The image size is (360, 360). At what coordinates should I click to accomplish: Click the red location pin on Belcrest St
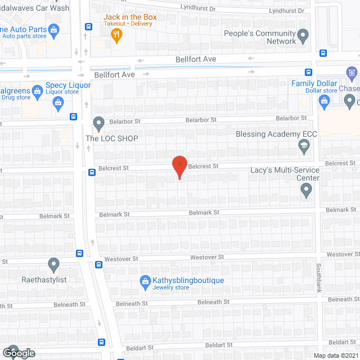[179, 165]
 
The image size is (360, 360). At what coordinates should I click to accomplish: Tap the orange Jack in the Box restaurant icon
[116, 35]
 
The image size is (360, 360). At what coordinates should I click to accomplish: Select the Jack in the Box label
[130, 17]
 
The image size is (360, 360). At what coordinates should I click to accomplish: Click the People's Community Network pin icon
[303, 37]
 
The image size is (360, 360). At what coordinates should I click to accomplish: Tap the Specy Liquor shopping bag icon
[58, 102]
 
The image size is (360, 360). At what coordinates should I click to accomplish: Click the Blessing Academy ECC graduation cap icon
[304, 147]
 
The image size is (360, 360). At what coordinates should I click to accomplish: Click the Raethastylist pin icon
[54, 263]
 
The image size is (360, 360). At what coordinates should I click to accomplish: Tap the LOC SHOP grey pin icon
[99, 123]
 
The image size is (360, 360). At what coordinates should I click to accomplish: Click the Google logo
[18, 353]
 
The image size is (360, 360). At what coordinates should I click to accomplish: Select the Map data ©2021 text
[335, 355]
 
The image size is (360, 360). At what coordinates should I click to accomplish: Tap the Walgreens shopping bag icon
[37, 90]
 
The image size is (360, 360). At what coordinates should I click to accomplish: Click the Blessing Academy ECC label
[277, 134]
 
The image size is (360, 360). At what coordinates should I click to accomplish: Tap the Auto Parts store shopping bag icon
[53, 29]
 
